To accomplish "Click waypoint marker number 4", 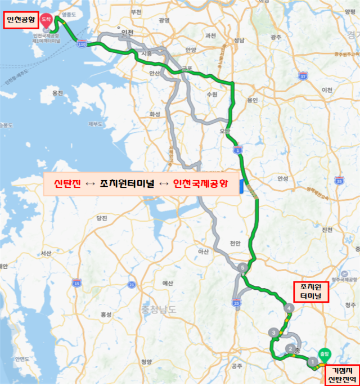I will pyautogui.click(x=289, y=308).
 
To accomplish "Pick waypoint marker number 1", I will pyautogui.click(x=312, y=358).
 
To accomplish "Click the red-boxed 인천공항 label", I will pyautogui.click(x=21, y=20).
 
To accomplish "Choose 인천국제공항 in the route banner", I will pyautogui.click(x=200, y=185).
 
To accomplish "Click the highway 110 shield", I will pyautogui.click(x=83, y=43).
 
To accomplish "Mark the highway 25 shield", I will pyautogui.click(x=236, y=303).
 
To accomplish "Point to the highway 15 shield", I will pyautogui.click(x=76, y=282).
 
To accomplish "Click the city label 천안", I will pyautogui.click(x=235, y=243).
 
